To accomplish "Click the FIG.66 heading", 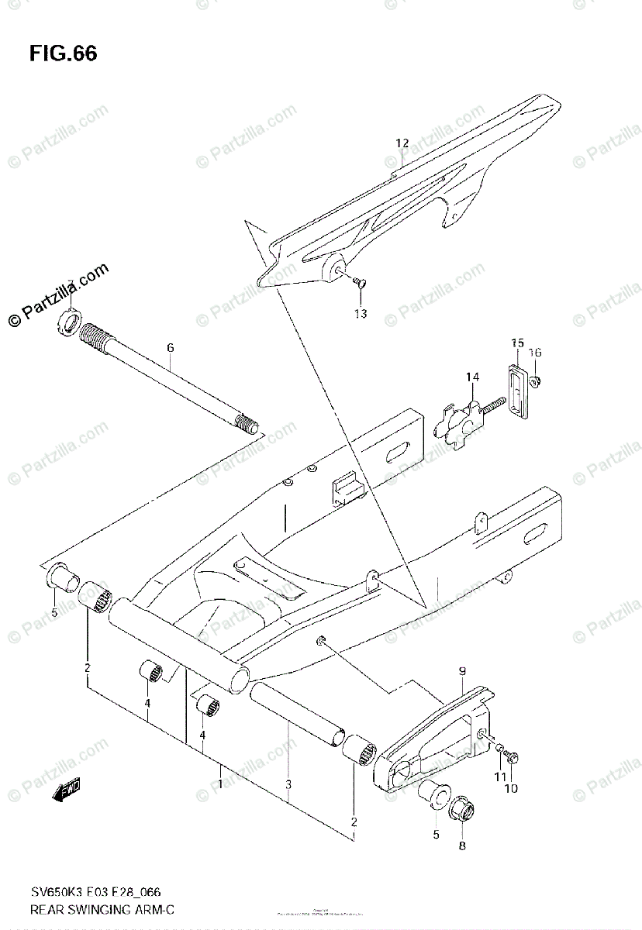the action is tap(64, 53).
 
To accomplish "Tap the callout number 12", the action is tap(402, 143).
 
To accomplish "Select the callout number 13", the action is tap(361, 314).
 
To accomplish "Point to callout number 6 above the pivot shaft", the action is tap(170, 348).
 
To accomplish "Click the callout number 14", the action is tap(472, 377).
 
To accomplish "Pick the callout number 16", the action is tap(535, 353).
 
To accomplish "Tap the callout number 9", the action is tap(461, 671).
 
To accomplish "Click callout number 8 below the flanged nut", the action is tap(462, 846).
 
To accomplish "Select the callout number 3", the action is tap(288, 785).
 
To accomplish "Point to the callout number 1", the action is tap(220, 785).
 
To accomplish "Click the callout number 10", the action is tap(511, 788).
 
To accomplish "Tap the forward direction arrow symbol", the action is tap(67, 790).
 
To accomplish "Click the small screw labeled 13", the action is tap(359, 284).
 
